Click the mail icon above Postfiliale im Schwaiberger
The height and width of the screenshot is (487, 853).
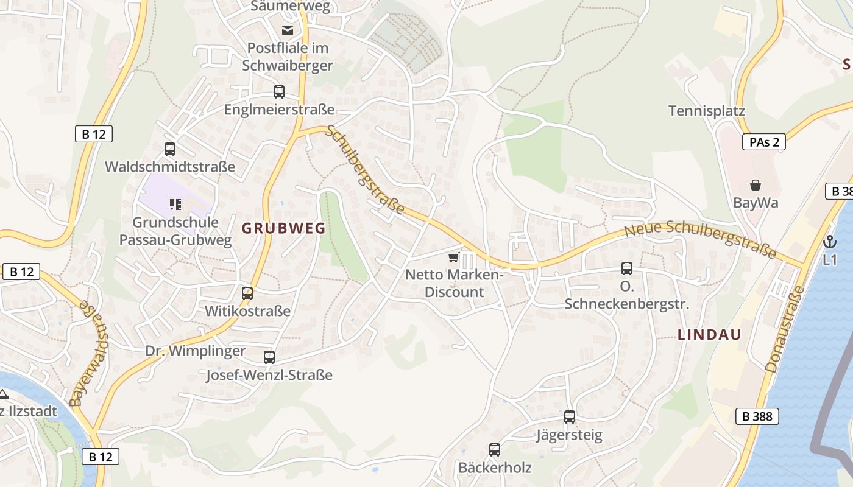point(287,30)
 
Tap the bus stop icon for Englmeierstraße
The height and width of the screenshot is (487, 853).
point(278,92)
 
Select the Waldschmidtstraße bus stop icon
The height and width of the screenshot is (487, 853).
point(170,149)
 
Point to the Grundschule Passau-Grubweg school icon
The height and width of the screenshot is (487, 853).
point(175,204)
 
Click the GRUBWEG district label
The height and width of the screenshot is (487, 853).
point(283,228)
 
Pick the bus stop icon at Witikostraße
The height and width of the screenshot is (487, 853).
point(247,293)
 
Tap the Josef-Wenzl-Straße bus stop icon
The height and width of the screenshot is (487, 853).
point(269,357)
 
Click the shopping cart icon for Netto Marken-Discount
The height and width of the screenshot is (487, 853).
point(453,258)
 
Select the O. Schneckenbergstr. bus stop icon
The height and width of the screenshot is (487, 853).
point(626,268)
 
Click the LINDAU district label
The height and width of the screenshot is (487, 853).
point(709,334)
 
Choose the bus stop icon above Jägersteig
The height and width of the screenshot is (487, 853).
point(570,417)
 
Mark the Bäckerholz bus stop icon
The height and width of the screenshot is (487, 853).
point(495,450)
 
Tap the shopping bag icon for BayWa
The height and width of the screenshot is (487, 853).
point(756,185)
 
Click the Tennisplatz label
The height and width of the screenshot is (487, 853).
point(707,111)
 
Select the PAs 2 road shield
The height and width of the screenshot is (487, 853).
point(763,142)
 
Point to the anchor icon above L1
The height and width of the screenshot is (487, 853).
point(829,242)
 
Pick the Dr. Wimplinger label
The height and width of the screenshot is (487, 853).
point(195,351)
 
